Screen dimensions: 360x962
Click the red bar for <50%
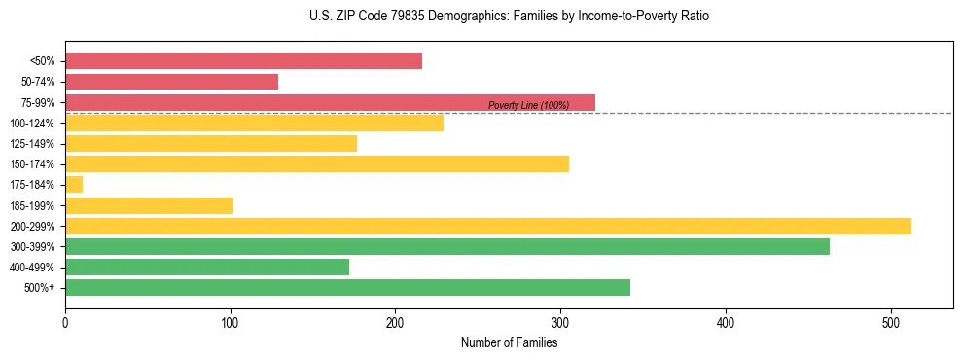click(243, 61)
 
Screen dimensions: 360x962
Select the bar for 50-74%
click(171, 82)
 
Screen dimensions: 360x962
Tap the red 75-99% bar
click(330, 102)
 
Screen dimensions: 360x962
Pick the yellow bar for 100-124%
click(254, 123)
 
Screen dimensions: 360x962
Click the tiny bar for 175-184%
click(74, 184)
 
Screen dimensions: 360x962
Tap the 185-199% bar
click(149, 205)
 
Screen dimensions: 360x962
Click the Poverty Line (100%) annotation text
click(528, 105)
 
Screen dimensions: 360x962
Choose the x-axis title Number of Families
click(509, 342)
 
